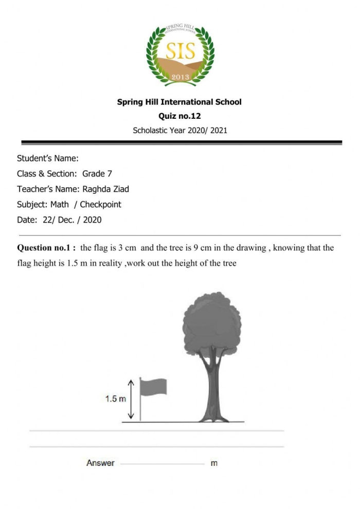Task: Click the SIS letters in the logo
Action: click(179, 52)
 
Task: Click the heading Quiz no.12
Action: click(179, 116)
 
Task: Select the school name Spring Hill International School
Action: click(179, 102)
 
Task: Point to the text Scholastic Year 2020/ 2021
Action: click(179, 131)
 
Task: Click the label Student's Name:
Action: click(47, 158)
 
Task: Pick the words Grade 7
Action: click(97, 174)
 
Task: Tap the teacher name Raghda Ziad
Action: click(105, 189)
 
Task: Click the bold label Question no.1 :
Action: click(47, 248)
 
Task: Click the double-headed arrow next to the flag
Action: click(132, 399)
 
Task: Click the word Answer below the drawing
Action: click(100, 463)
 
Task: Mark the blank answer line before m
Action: click(162, 464)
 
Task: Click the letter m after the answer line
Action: click(214, 463)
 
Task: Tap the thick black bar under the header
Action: click(181, 142)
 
